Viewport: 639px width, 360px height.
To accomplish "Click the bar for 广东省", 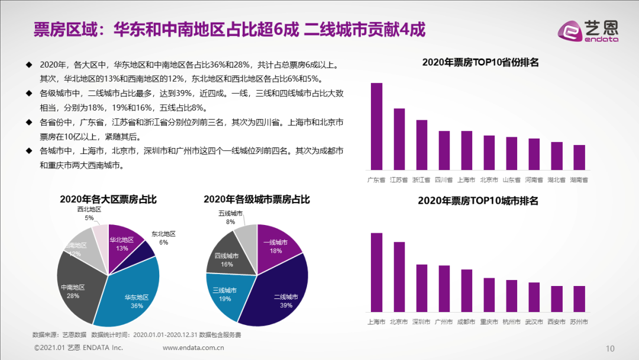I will pos(376,127).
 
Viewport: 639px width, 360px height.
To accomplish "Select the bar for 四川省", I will pos(444,150).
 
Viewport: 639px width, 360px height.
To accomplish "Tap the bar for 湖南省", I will pos(579,157).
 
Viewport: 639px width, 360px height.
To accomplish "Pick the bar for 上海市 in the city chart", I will pos(376,272).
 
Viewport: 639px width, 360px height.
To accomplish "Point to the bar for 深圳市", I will pos(422,288).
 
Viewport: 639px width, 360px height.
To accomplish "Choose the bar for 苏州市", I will pos(579,299).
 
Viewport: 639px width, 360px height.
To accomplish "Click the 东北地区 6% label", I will pos(163,237).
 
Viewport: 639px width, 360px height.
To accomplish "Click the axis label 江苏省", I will pos(399,179).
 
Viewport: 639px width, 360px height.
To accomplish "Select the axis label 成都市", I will pos(467,322).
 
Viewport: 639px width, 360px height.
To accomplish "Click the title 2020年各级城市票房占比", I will pos(256,200).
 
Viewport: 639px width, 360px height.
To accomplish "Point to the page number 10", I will pos(611,348).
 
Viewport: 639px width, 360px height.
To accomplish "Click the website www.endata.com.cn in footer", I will pos(195,348).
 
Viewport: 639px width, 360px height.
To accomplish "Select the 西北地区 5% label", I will pos(89,213).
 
